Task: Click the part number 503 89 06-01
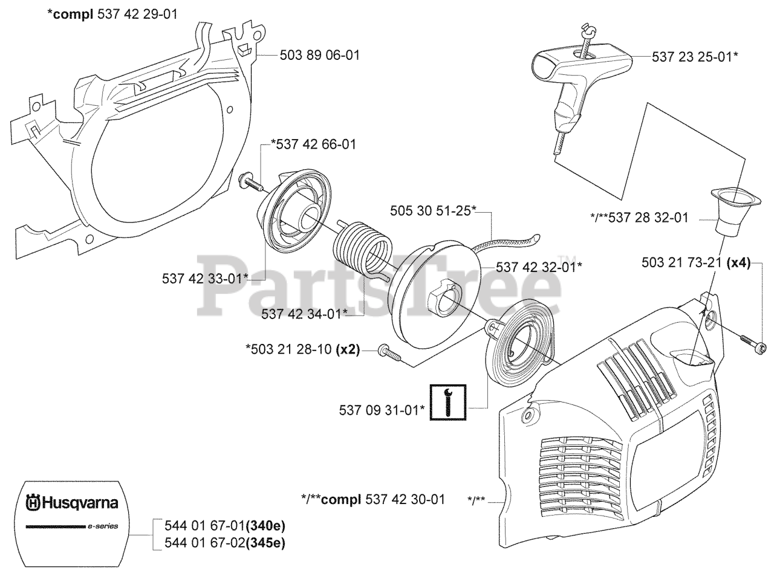click(x=319, y=56)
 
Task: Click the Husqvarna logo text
click(x=72, y=502)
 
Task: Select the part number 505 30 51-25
click(x=433, y=211)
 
